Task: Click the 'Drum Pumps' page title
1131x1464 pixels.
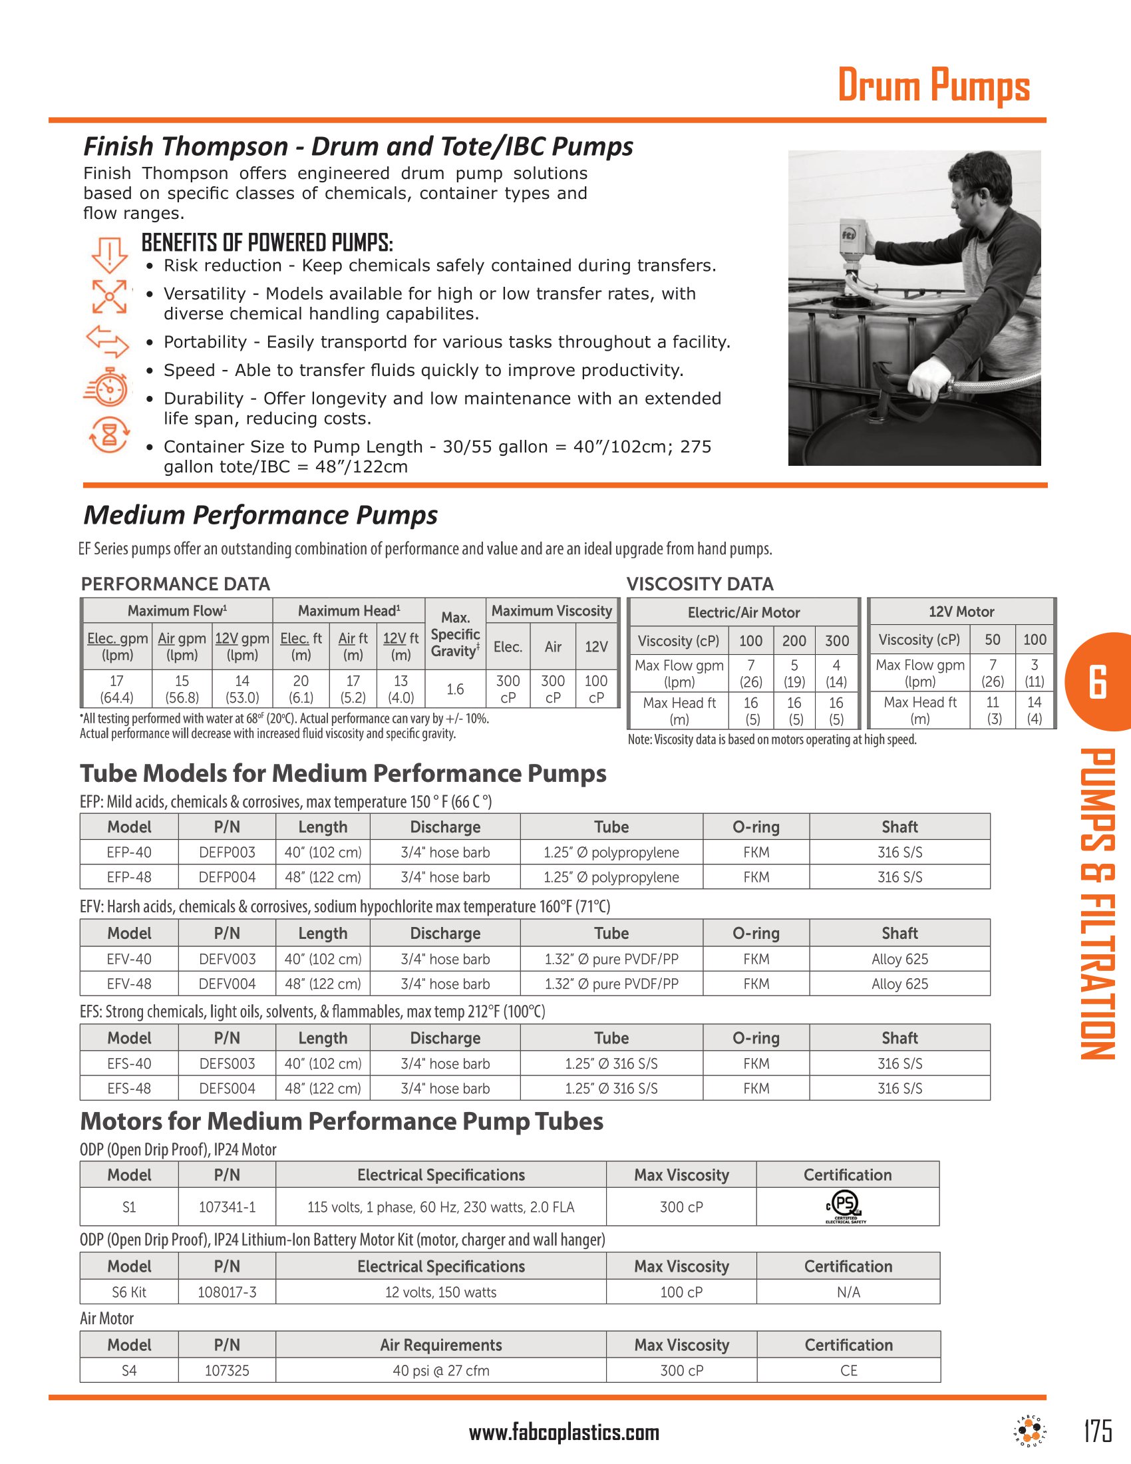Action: (x=933, y=86)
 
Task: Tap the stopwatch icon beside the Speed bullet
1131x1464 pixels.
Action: (x=107, y=387)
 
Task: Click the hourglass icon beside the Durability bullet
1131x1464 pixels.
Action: (x=108, y=435)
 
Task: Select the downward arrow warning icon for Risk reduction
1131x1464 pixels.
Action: (x=108, y=256)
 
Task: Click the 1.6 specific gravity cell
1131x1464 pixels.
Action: (x=455, y=689)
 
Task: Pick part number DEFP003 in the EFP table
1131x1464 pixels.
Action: (x=227, y=852)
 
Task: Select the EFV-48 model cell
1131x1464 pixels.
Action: (x=129, y=984)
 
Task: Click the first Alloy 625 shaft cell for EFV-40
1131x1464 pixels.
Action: (x=899, y=958)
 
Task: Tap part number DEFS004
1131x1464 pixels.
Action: (x=227, y=1088)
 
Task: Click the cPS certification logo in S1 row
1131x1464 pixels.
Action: (x=846, y=1206)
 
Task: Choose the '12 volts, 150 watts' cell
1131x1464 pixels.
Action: (x=440, y=1292)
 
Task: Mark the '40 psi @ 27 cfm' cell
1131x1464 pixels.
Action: (x=440, y=1370)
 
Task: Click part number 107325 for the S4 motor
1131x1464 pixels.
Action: (x=227, y=1370)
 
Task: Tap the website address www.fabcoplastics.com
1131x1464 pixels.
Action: (x=564, y=1433)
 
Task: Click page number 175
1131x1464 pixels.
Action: (x=1098, y=1431)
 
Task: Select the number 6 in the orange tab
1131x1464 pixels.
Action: (x=1098, y=682)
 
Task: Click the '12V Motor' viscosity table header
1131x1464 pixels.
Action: (x=961, y=612)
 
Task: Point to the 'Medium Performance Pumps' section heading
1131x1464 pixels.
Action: (x=260, y=515)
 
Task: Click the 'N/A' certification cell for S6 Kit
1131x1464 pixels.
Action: (x=848, y=1292)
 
